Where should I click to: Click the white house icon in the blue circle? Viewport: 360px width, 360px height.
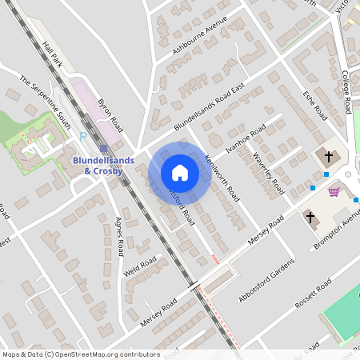(x=179, y=173)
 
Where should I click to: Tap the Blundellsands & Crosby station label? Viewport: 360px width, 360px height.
(x=104, y=164)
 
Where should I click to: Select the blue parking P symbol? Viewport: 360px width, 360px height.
(x=83, y=137)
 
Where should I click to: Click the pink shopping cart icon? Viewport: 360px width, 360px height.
(x=334, y=191)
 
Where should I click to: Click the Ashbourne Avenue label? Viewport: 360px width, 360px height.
(x=194, y=41)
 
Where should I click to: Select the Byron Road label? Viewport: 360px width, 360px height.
(x=110, y=116)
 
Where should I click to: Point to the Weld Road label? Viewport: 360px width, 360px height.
(x=139, y=266)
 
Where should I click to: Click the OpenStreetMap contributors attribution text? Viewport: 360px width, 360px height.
(x=81, y=354)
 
